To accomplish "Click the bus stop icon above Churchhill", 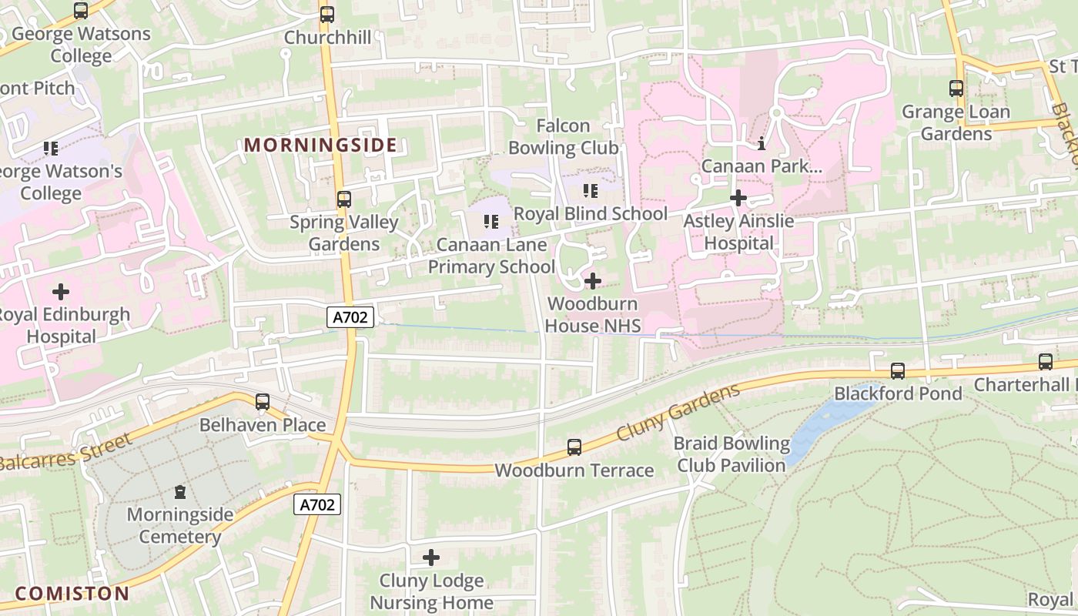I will pyautogui.click(x=327, y=14).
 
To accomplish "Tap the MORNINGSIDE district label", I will pyautogui.click(x=320, y=145).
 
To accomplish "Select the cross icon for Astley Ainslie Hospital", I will pyautogui.click(x=738, y=199).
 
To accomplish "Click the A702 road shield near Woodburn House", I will pyautogui.click(x=350, y=316).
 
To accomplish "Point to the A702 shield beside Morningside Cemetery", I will pyautogui.click(x=317, y=505).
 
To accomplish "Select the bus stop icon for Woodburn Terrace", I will pyautogui.click(x=574, y=447).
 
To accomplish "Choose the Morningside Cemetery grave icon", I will pyautogui.click(x=179, y=491).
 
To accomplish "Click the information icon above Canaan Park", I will pyautogui.click(x=762, y=143).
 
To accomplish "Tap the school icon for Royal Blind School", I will pyautogui.click(x=591, y=191).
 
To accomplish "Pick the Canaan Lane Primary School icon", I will pyautogui.click(x=490, y=223).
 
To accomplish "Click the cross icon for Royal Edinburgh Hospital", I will pyautogui.click(x=60, y=292).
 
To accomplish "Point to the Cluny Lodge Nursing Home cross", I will pyautogui.click(x=431, y=557).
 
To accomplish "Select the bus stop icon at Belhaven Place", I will pyautogui.click(x=263, y=401).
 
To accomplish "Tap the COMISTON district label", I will pyautogui.click(x=72, y=594).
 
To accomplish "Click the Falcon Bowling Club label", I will pyautogui.click(x=564, y=136).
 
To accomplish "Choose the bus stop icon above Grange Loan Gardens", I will pyautogui.click(x=956, y=89).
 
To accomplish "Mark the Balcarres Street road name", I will pyautogui.click(x=65, y=454).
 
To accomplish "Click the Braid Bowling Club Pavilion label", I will pyautogui.click(x=731, y=454).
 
